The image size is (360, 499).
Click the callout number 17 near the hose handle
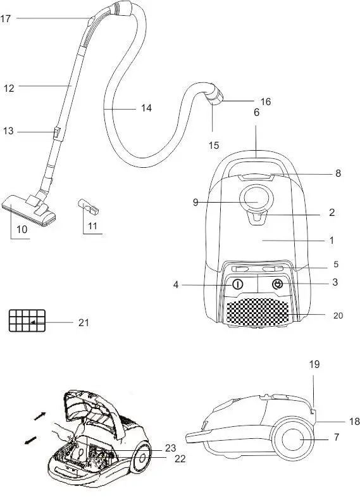[x=6, y=19]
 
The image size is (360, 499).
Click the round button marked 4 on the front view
[x=237, y=284]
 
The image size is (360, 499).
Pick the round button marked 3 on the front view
[x=276, y=284]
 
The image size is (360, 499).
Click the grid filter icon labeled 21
[x=27, y=320]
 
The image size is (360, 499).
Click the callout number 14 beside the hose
[x=146, y=108]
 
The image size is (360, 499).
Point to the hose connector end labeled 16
[x=216, y=98]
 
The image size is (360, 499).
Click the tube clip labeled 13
[x=57, y=132]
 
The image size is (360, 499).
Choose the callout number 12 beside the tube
[x=8, y=89]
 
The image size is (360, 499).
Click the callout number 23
[x=170, y=448]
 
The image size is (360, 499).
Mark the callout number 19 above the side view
[x=314, y=364]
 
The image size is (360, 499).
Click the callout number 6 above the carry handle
[x=256, y=113]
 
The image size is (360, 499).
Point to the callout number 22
[x=180, y=458]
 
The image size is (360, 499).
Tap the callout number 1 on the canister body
[x=331, y=241]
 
